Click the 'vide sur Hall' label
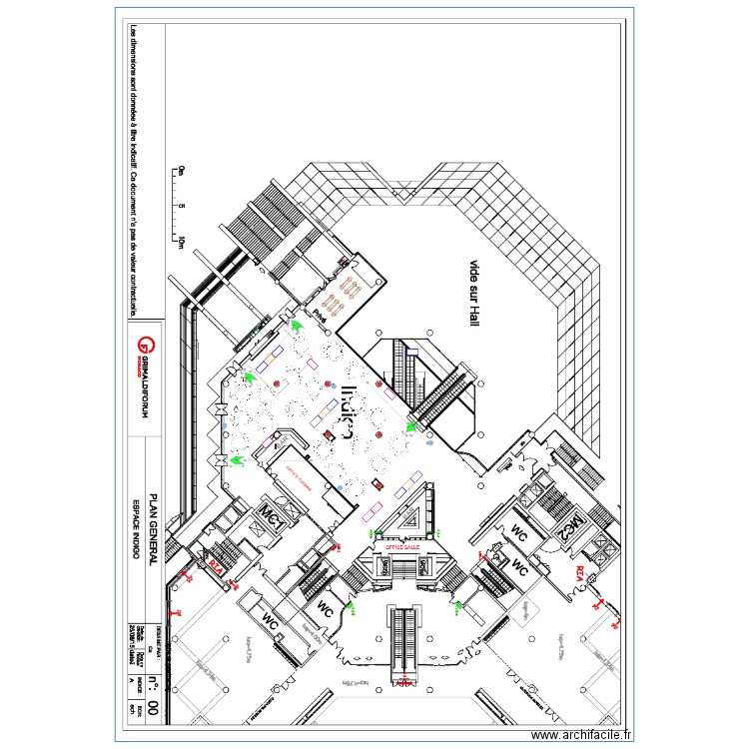474,291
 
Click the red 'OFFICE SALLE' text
390,548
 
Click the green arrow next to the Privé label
296,324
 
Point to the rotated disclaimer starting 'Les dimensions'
132,170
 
